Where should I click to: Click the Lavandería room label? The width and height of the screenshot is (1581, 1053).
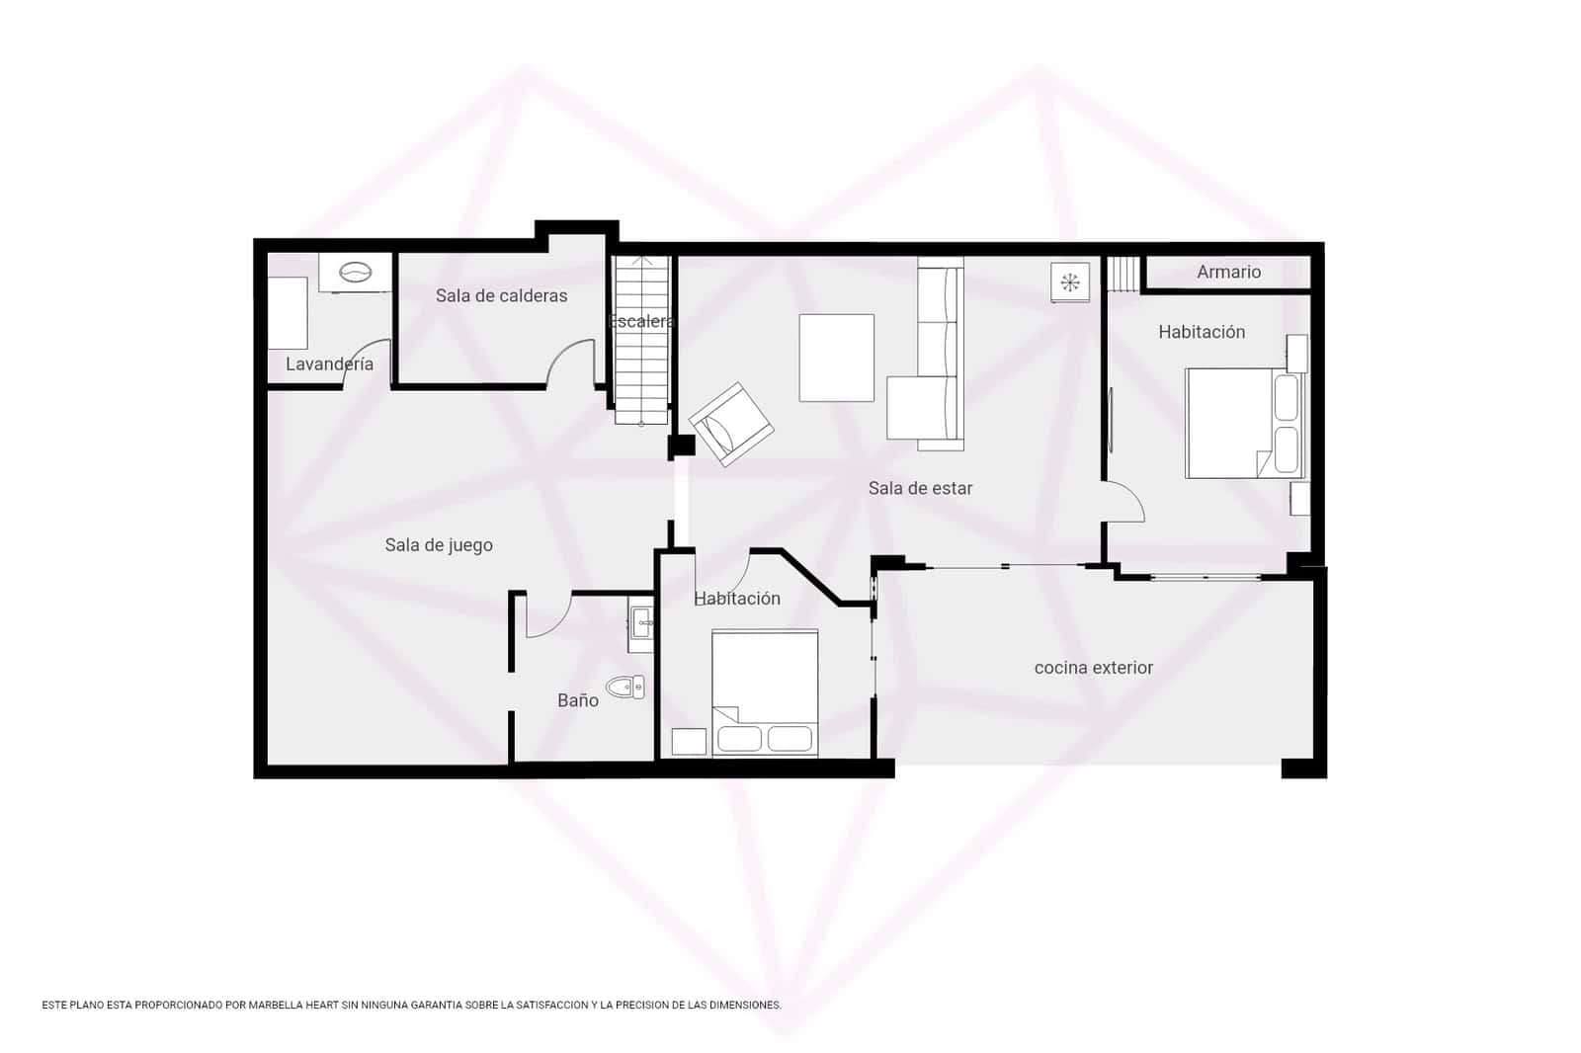tap(329, 364)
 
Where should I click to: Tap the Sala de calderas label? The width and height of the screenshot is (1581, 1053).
tap(501, 295)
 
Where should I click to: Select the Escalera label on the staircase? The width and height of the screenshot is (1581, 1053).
tap(641, 322)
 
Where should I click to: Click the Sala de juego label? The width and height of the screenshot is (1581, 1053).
tap(439, 545)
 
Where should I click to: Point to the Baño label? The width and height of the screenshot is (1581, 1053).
tap(578, 700)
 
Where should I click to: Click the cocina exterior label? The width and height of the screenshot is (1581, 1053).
tap(1093, 668)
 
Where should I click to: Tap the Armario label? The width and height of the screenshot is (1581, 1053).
tap(1228, 272)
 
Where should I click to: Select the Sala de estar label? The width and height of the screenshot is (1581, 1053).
tap(920, 488)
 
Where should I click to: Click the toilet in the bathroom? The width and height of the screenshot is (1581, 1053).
tap(625, 687)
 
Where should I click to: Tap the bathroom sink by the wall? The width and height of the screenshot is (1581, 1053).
tap(641, 622)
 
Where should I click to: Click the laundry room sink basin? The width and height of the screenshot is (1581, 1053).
tap(354, 272)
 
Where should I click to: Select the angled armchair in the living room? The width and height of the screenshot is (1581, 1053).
tap(731, 425)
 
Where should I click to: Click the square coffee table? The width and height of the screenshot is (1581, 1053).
tap(836, 358)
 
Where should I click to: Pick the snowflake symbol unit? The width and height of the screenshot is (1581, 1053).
tap(1069, 283)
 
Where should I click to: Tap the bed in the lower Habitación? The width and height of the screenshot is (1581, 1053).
tap(764, 691)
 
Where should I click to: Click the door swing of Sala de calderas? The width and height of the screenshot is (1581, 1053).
tap(571, 361)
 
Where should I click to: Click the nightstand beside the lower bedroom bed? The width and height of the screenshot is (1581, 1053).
tap(689, 742)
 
